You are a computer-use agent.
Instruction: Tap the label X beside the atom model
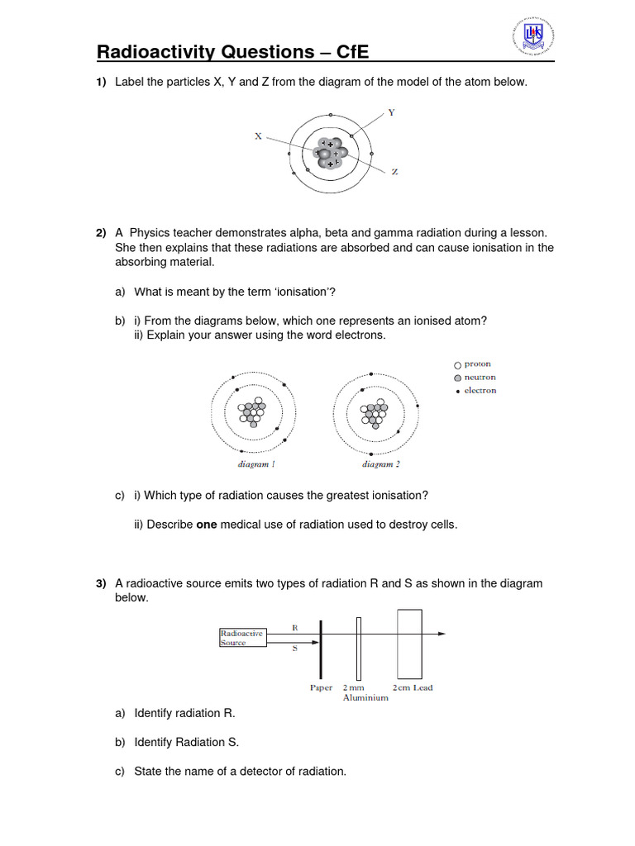pyautogui.click(x=258, y=136)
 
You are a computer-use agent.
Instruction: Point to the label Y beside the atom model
pyautogui.click(x=391, y=112)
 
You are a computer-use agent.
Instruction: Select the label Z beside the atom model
pyautogui.click(x=394, y=172)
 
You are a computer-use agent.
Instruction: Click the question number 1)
pyautogui.click(x=102, y=82)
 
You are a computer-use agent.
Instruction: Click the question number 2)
pyautogui.click(x=102, y=234)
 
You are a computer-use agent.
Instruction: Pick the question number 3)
pyautogui.click(x=102, y=583)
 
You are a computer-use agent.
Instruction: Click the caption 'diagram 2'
pyautogui.click(x=380, y=465)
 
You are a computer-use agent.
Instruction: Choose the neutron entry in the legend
pyautogui.click(x=477, y=378)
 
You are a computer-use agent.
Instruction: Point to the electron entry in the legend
pyautogui.click(x=477, y=391)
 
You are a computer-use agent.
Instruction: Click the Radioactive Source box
pyautogui.click(x=242, y=638)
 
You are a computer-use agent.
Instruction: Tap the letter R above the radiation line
pyautogui.click(x=295, y=627)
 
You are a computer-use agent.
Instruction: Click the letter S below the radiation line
pyautogui.click(x=295, y=649)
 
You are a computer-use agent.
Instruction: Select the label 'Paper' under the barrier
pyautogui.click(x=321, y=687)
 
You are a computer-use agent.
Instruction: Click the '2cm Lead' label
pyautogui.click(x=413, y=687)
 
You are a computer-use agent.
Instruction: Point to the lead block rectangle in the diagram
pyautogui.click(x=409, y=644)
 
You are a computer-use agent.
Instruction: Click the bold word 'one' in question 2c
pyautogui.click(x=206, y=525)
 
